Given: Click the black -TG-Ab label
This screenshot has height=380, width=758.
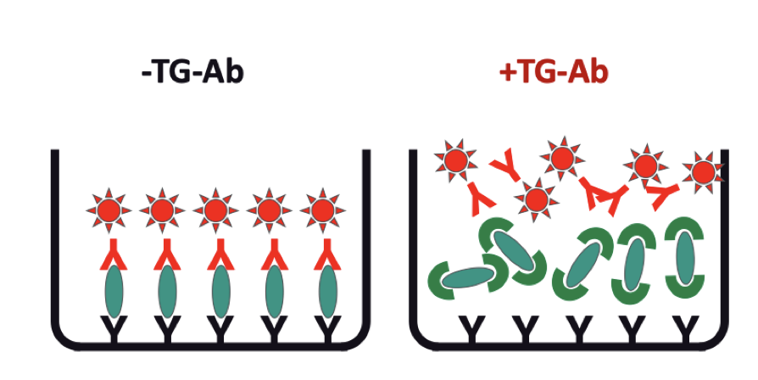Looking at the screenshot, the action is pyautogui.click(x=192, y=72).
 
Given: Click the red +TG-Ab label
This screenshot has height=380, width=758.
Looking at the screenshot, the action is pyautogui.click(x=555, y=72).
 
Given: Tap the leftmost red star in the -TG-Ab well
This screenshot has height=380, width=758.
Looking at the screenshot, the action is pyautogui.click(x=109, y=208).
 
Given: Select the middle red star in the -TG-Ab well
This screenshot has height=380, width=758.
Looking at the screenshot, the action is pyautogui.click(x=215, y=208).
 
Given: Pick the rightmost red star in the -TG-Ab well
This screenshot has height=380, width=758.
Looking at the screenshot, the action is pyautogui.click(x=323, y=208).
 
